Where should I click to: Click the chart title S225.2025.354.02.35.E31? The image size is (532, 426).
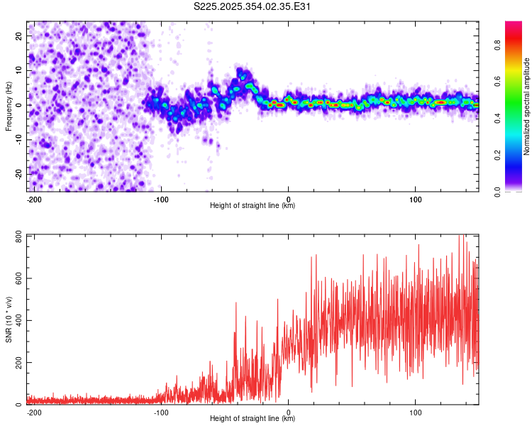[253, 7]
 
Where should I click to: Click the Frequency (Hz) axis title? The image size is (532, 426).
[9, 106]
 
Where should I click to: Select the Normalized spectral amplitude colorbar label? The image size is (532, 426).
[527, 106]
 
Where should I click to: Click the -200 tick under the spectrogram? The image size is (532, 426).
[33, 199]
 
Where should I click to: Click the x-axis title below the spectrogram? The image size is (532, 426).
[253, 206]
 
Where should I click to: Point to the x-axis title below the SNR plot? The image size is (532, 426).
[253, 419]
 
